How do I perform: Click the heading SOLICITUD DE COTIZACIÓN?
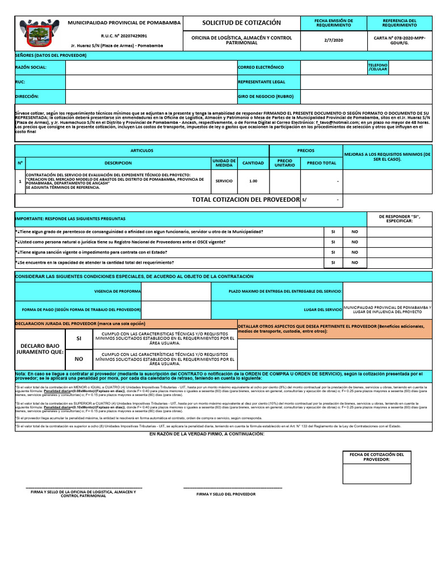(241, 23)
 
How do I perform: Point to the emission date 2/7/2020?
(334, 40)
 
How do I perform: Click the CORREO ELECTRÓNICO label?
(261, 68)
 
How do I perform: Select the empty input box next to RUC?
(150, 82)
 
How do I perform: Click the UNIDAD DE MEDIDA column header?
(224, 163)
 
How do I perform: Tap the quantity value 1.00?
(253, 181)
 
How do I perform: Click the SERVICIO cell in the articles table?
(224, 181)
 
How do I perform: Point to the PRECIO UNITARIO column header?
(284, 163)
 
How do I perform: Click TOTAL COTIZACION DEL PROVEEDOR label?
(245, 199)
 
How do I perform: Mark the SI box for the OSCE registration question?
(333, 242)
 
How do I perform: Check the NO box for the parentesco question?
(355, 232)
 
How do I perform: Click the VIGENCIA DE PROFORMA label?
(118, 291)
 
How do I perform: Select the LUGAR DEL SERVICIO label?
(322, 310)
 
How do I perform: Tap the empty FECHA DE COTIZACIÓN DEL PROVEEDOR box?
(376, 474)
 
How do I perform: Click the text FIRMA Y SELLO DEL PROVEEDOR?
(226, 494)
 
